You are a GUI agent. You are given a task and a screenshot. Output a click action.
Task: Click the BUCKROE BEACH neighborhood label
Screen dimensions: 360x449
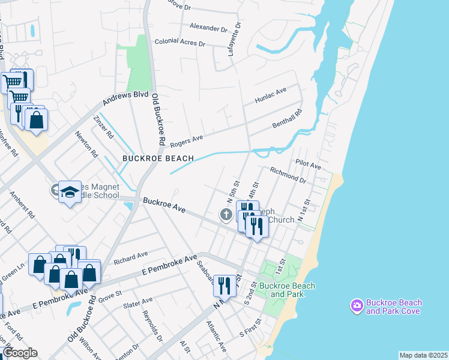coord(158,158)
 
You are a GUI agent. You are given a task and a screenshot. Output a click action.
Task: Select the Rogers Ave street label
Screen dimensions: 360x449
coord(186,140)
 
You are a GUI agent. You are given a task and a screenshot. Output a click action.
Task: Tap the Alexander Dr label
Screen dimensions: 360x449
coord(208,28)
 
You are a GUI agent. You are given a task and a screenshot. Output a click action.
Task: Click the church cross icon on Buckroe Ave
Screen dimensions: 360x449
coord(226,214)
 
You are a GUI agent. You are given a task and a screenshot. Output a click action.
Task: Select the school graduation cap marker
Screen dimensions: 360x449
coord(70,192)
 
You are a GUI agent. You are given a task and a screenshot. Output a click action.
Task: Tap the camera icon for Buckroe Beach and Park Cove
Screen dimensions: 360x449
coord(357,306)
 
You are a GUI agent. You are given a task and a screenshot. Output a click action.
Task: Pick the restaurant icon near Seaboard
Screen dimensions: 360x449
coord(224,285)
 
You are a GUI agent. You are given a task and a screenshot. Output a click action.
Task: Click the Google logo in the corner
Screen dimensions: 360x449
coord(20,353)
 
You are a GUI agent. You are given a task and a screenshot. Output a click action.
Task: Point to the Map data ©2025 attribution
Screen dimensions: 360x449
coord(423,355)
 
